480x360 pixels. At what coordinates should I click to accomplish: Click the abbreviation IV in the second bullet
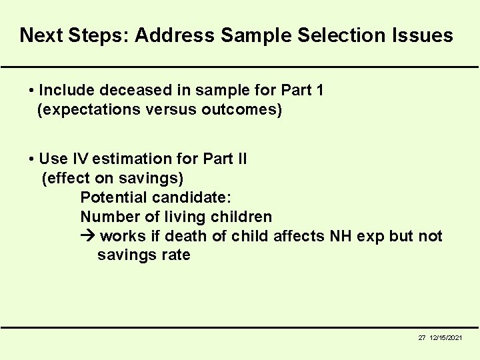coord(80,159)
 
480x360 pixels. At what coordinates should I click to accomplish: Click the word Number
coord(109,217)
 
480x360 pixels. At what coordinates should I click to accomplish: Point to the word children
coord(241,217)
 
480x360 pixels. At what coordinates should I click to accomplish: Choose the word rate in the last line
coord(175,255)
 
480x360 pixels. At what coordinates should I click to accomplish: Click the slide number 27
coord(422,338)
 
